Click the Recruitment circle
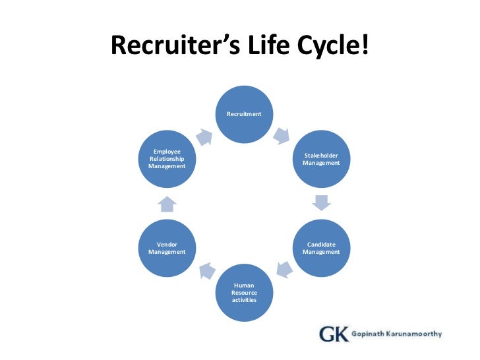[244, 115]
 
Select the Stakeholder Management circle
[321, 159]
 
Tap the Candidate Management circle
[321, 248]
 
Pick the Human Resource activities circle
[244, 293]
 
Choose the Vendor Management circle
[167, 248]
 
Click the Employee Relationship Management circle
[167, 159]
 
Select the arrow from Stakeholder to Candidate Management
[321, 202]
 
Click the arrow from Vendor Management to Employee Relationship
[167, 203]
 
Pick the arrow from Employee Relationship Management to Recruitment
[204, 136]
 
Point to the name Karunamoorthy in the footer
[413, 334]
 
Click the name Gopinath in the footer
[367, 334]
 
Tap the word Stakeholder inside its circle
[321, 156]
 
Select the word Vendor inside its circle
[167, 245]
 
